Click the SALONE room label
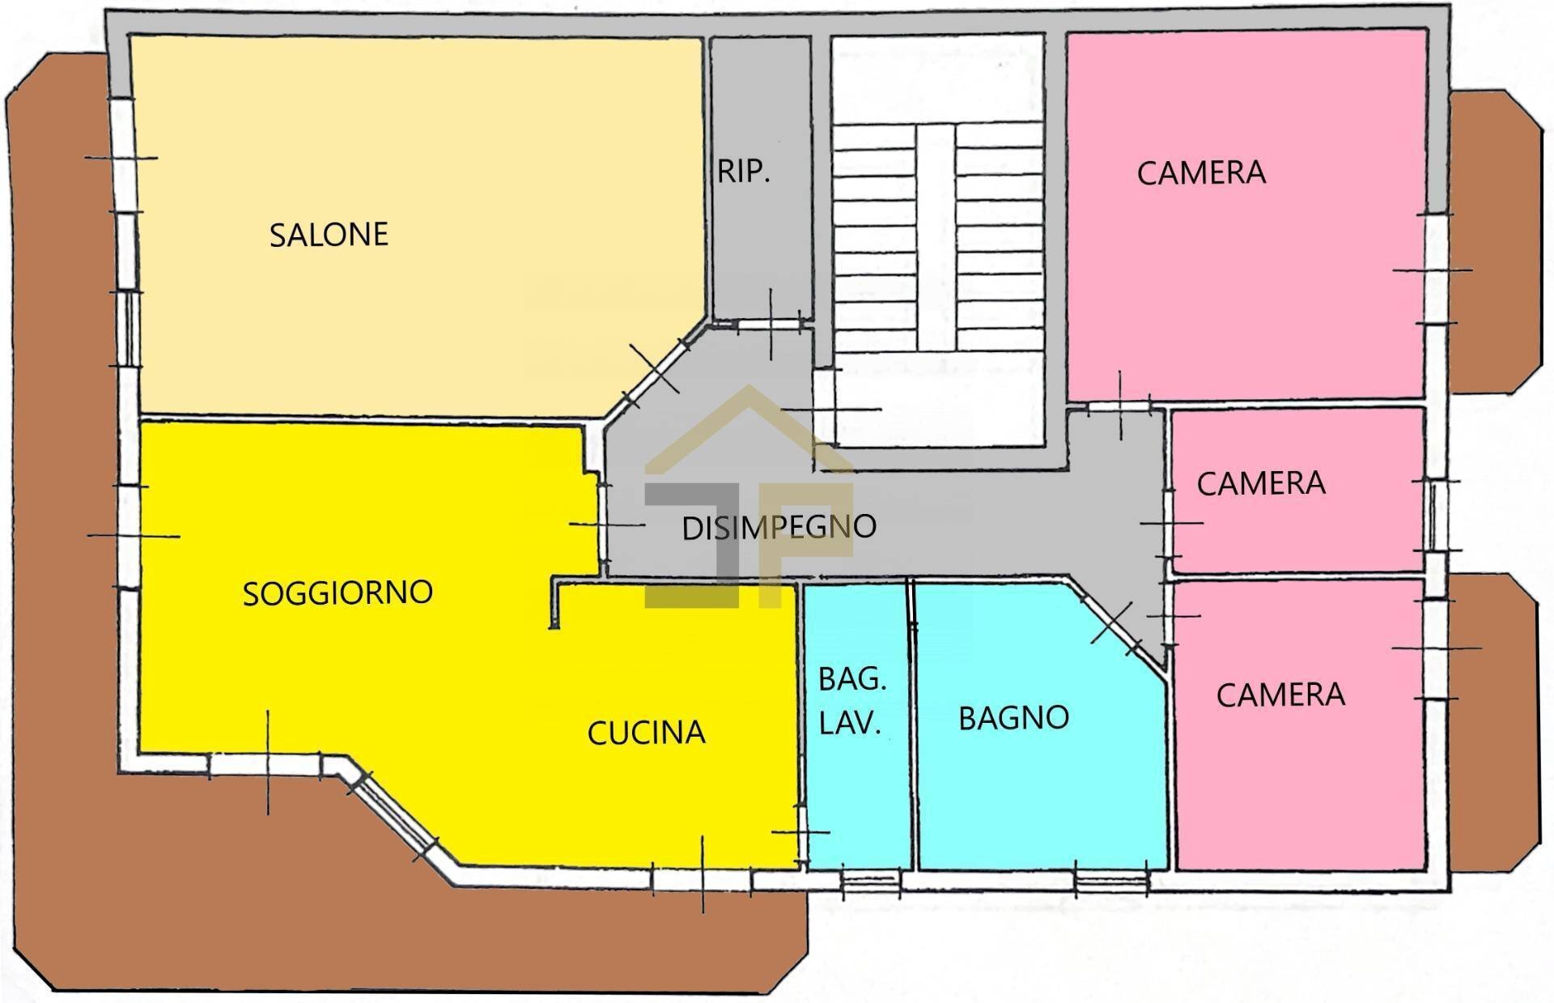click(x=329, y=235)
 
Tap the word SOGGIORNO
click(x=338, y=593)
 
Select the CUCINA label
click(x=646, y=733)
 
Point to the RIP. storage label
click(x=743, y=172)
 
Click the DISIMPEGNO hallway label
click(x=779, y=527)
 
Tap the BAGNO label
click(x=1013, y=718)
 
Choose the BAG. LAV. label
click(x=851, y=700)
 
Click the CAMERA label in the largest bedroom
click(x=1201, y=173)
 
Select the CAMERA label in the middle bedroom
click(x=1261, y=484)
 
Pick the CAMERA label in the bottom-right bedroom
click(x=1280, y=695)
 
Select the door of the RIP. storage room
click(x=770, y=325)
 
